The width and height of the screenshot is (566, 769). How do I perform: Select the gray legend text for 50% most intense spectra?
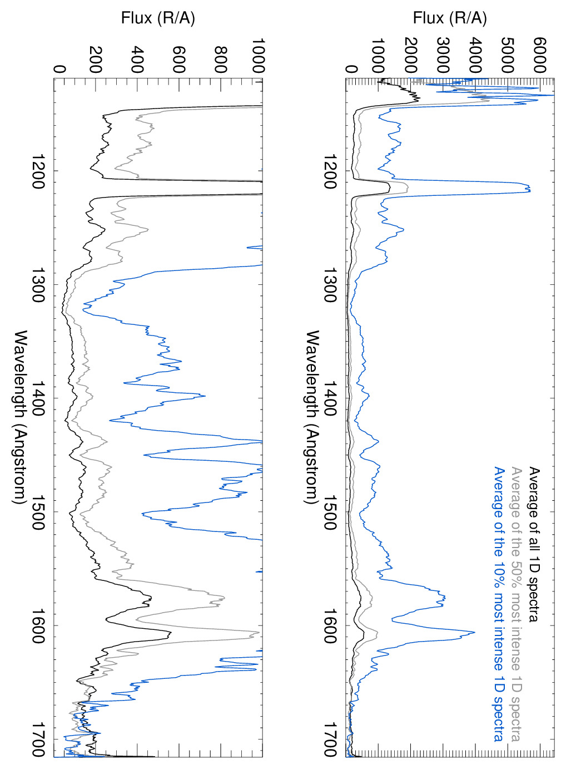(x=517, y=604)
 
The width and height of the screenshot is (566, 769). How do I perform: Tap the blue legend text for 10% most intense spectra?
(x=499, y=604)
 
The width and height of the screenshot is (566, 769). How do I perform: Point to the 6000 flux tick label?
(x=539, y=56)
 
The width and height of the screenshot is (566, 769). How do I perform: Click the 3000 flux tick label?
(x=443, y=56)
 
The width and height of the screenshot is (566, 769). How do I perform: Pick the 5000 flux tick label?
(x=507, y=56)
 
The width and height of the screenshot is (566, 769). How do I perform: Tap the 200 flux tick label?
(x=96, y=60)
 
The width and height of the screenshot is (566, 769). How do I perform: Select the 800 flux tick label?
(x=221, y=60)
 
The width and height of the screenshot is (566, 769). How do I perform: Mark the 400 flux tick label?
(x=137, y=60)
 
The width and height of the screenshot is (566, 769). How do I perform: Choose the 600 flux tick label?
(x=179, y=60)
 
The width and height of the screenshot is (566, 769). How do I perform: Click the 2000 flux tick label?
(x=410, y=56)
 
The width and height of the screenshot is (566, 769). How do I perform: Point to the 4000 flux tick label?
(x=475, y=56)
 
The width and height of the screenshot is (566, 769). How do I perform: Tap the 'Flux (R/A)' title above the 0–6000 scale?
(x=450, y=18)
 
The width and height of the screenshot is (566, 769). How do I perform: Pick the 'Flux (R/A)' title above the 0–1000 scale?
(x=158, y=18)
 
